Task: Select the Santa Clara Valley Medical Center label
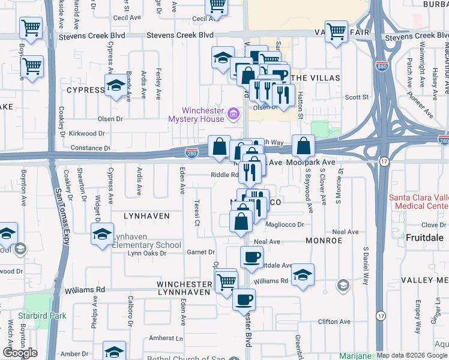418,202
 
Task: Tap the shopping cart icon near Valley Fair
337,31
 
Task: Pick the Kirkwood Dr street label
87,133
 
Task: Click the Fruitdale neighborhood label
424,238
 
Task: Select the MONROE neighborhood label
324,240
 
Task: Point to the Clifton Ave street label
334,322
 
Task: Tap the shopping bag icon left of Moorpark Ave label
304,146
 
